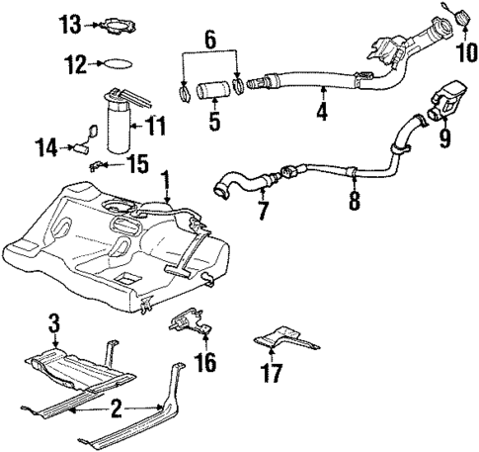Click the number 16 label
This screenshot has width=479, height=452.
pos(204,362)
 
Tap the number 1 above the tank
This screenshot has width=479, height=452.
pos(167,182)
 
